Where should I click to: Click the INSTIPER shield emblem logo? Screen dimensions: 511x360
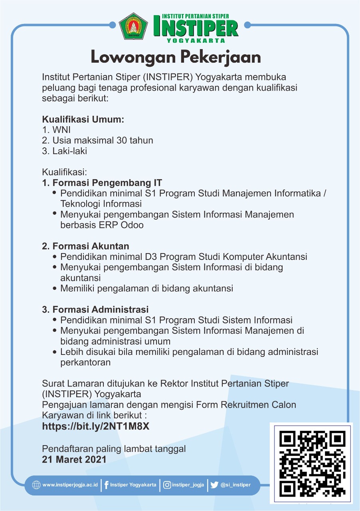point(134,26)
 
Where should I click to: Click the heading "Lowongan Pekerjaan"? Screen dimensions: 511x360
point(176,57)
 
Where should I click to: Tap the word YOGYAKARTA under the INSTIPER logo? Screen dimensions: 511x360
point(196,40)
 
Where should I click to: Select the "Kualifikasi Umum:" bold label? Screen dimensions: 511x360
point(83,119)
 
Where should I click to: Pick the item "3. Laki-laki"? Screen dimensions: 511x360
point(64,151)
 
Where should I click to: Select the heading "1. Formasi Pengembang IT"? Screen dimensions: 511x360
point(102,183)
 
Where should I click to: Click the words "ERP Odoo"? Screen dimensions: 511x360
point(124,225)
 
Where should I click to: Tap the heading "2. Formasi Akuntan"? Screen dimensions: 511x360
point(85,246)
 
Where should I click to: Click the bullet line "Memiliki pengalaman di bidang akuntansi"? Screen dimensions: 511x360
point(146,288)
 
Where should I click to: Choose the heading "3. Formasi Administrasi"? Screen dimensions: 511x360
point(95,309)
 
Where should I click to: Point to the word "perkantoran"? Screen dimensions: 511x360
point(85,362)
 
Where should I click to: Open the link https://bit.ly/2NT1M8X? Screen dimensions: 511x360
point(96,426)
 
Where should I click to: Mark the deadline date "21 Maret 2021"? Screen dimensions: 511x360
point(74,459)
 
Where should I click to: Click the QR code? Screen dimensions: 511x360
point(312,463)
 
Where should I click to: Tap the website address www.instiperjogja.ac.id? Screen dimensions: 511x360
point(70,485)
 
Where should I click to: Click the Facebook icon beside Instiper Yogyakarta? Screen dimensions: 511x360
point(107,485)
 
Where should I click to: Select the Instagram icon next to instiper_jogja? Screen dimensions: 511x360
point(167,485)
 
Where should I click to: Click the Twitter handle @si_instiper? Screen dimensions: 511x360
point(235,485)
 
